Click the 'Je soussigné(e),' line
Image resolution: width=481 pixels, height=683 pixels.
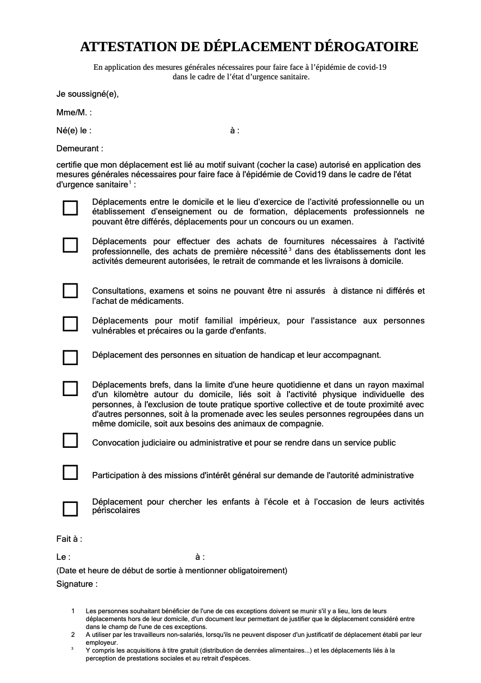coord(88,94)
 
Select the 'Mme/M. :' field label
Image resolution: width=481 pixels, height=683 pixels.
coord(74,113)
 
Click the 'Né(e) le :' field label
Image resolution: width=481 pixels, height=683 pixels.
coord(74,131)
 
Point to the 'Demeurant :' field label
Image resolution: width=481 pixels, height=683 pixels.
coord(80,149)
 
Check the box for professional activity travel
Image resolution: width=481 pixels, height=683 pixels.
coord(70,208)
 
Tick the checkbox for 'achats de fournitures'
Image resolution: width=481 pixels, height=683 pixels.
coord(70,245)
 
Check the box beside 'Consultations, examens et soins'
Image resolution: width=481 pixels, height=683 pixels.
coord(70,291)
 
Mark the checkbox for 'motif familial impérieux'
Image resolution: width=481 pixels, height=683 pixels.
coord(70,324)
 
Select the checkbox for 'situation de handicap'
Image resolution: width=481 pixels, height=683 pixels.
coord(70,357)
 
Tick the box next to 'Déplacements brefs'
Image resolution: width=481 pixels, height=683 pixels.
coord(70,389)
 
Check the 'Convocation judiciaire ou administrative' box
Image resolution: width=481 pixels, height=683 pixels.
coord(70,441)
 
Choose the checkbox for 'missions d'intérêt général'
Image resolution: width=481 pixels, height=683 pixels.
coord(70,473)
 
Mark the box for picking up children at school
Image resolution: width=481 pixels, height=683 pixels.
coord(70,509)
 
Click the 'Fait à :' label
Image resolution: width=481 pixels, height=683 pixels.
coord(69,539)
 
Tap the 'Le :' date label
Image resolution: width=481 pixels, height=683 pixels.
coord(63,557)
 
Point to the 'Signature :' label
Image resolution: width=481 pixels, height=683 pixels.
coord(77,584)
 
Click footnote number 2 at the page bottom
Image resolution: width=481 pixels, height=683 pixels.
coord(72,635)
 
